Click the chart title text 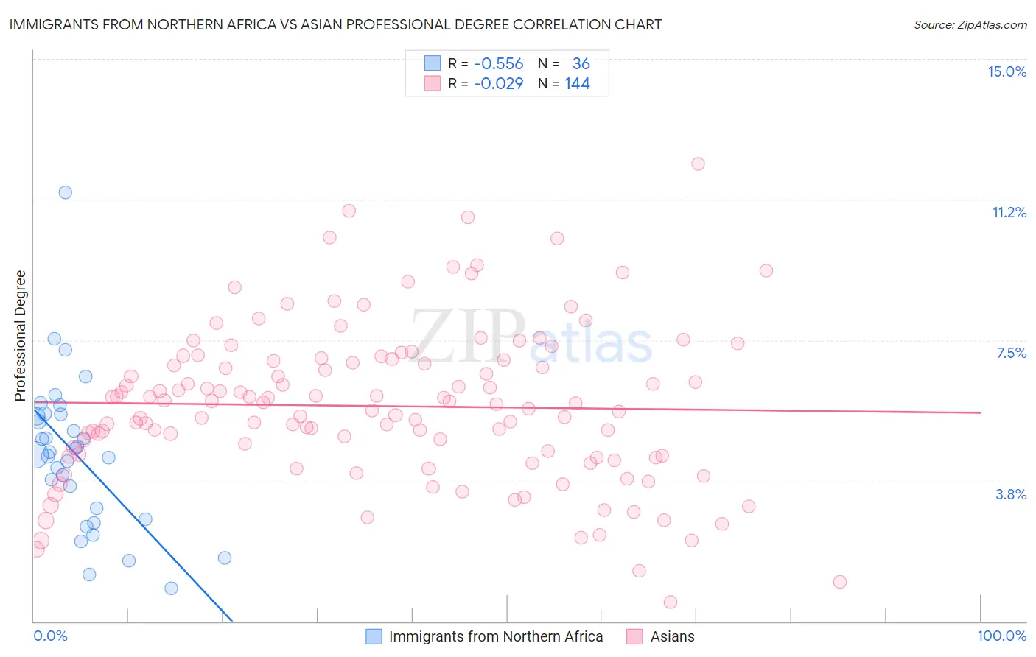[x=335, y=24]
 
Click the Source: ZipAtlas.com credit [x=970, y=24]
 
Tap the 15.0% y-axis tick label [x=1007, y=71]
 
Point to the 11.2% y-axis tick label [x=1009, y=212]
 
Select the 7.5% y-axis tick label [x=1011, y=353]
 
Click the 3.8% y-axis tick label [x=1011, y=494]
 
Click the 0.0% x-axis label [x=50, y=636]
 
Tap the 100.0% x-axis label [x=1001, y=636]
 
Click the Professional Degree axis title [x=20, y=336]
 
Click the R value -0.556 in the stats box [x=499, y=64]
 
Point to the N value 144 [x=577, y=84]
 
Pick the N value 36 [x=581, y=64]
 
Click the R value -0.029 [x=499, y=84]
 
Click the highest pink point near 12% [x=698, y=164]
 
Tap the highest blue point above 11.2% [x=66, y=192]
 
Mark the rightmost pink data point [x=839, y=582]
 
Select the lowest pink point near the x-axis [x=671, y=602]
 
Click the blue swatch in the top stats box [x=433, y=64]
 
